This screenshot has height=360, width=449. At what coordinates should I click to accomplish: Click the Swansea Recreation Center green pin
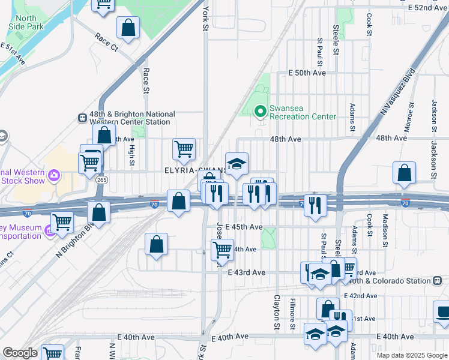(261, 110)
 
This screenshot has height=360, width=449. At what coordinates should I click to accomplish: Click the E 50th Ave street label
(307, 73)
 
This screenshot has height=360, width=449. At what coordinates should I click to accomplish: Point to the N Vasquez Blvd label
(398, 92)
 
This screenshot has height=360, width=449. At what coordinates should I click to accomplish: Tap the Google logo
(20, 353)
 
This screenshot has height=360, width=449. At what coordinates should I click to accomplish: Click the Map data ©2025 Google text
(411, 355)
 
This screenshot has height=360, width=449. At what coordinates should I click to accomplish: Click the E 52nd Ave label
(427, 7)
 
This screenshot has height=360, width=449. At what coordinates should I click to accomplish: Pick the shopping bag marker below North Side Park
(128, 27)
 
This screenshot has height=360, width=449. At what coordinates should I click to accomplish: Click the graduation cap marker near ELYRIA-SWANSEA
(237, 164)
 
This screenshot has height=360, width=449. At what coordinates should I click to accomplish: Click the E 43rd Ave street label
(246, 272)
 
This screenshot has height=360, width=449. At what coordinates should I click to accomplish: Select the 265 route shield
(102, 179)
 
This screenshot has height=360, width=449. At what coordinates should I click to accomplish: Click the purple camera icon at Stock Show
(54, 176)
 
